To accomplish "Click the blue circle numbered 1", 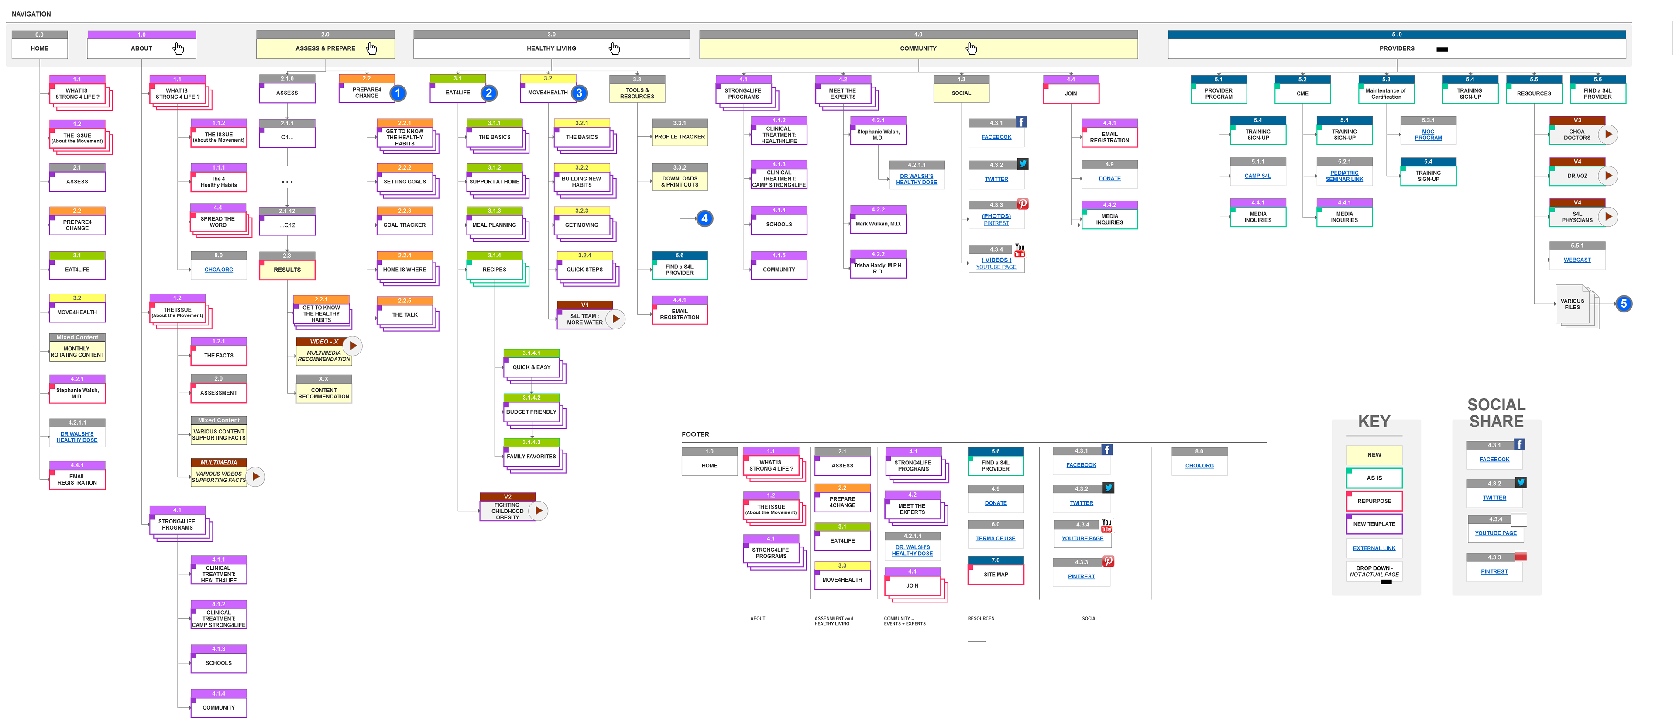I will coord(398,93).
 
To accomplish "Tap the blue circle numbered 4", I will coord(704,219).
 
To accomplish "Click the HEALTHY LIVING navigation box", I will coord(551,48).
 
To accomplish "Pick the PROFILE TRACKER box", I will coord(679,137).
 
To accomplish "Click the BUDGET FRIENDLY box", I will coord(531,412).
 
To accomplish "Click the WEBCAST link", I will coord(1577,260).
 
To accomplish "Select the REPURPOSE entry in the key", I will coord(1374,501).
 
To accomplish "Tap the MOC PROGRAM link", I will coord(1428,135).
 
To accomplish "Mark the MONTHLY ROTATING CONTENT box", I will coord(77,352).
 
